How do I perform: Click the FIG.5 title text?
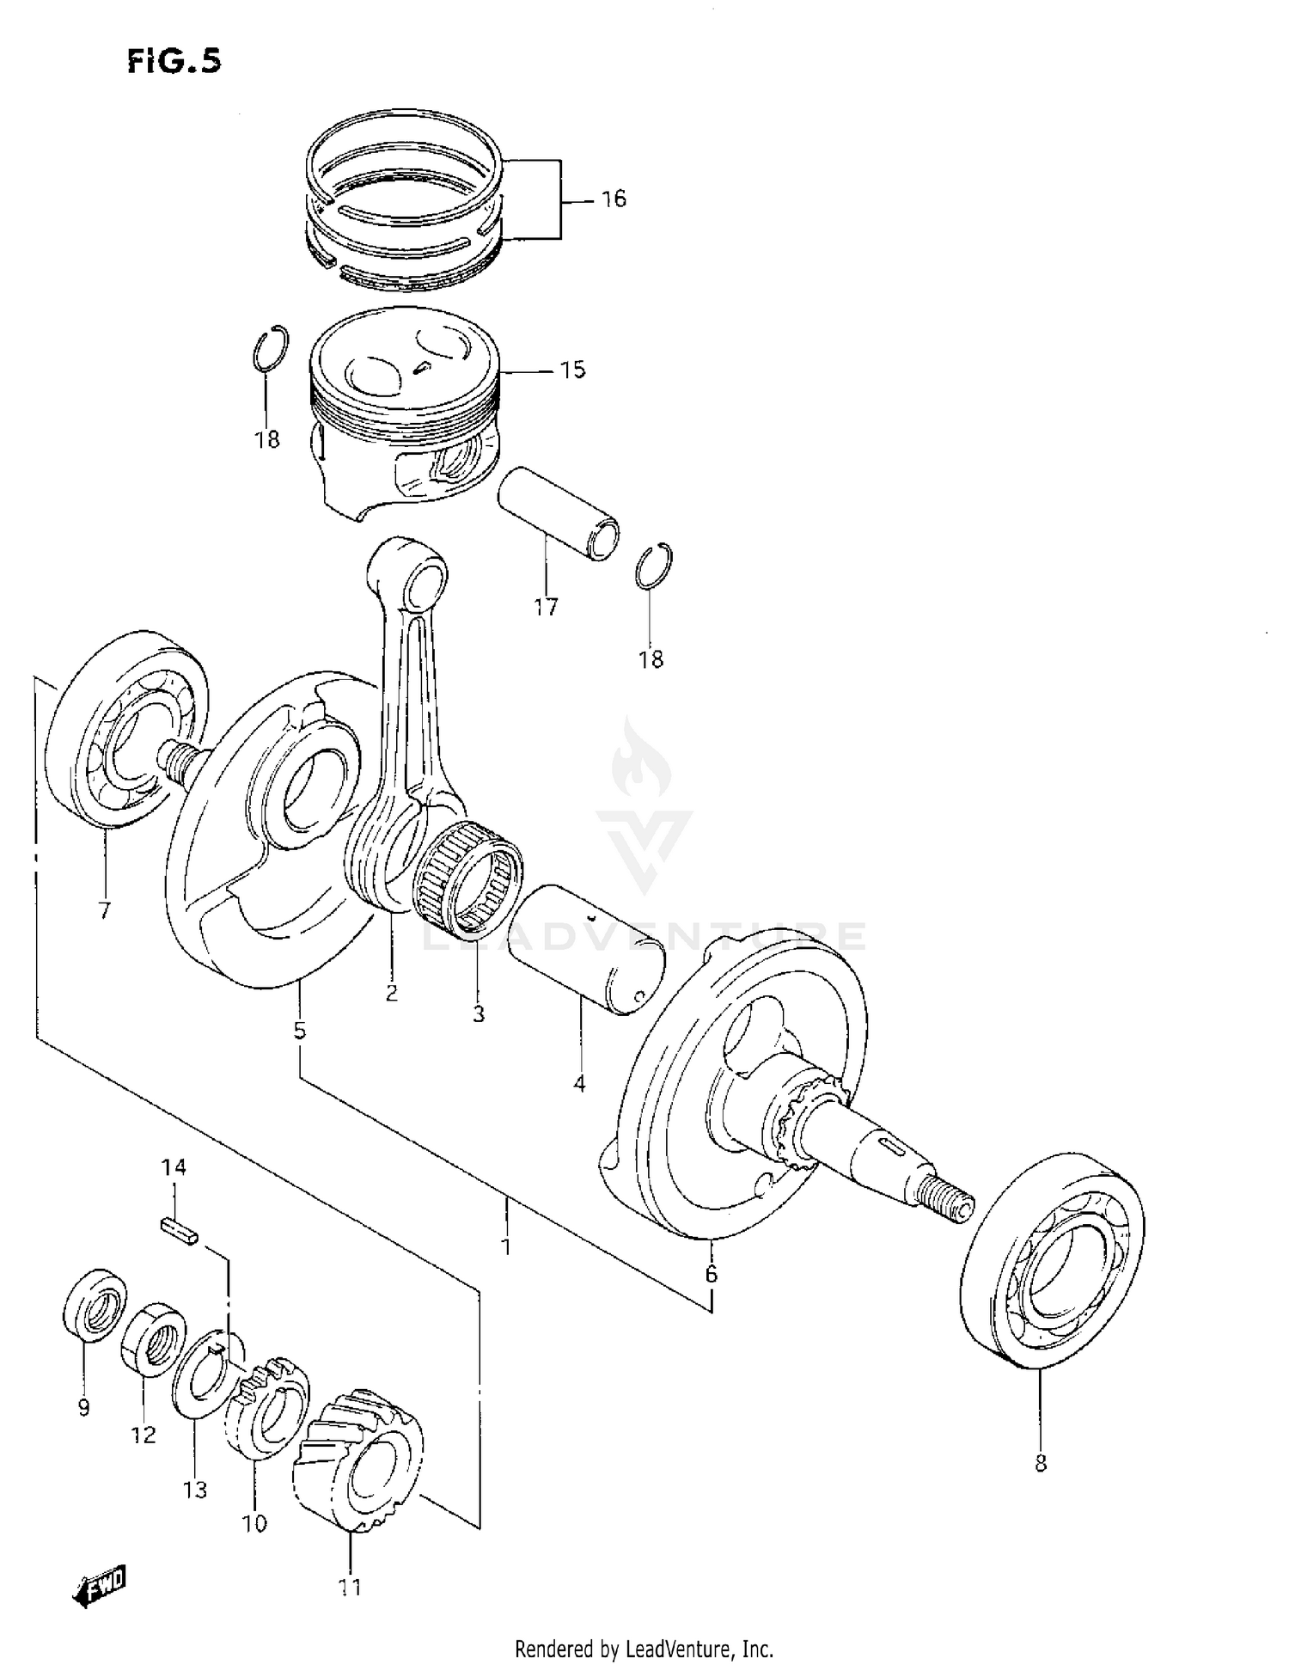174,61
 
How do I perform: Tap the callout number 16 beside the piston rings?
614,199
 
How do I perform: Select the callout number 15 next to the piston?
572,370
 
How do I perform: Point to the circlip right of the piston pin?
655,566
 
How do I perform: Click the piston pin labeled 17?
559,512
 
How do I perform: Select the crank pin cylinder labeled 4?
587,950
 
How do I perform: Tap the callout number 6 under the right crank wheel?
711,1275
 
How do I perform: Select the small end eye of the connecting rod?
419,578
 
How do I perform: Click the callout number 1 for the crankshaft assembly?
506,1246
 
